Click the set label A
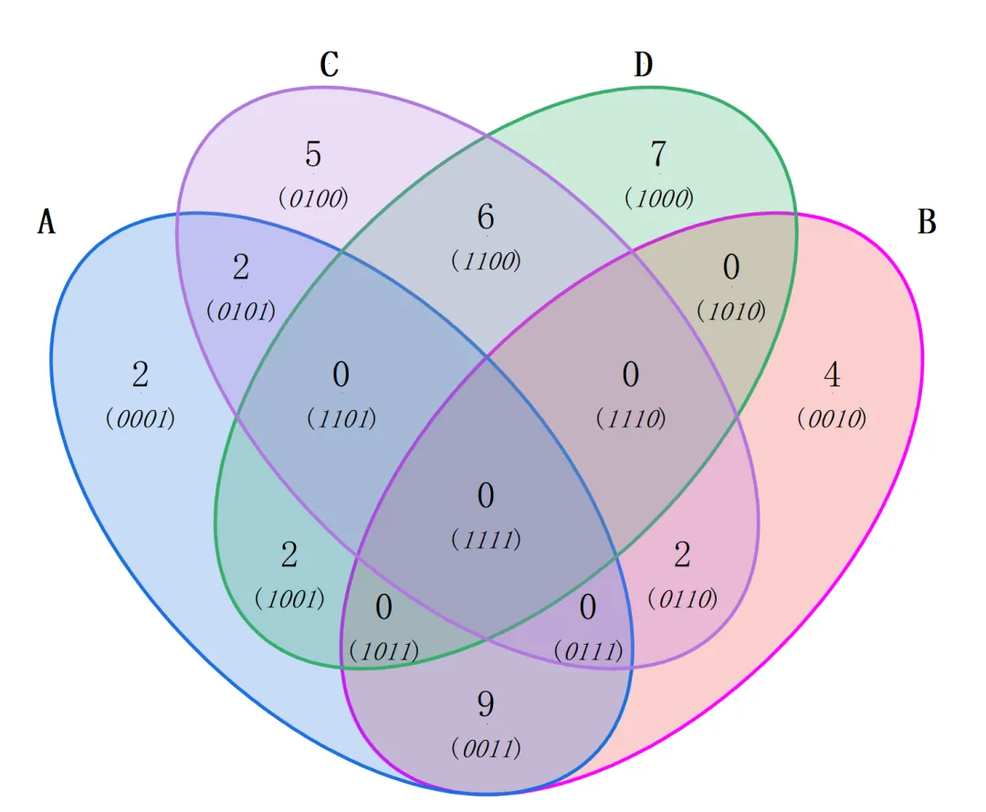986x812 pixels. click(x=46, y=222)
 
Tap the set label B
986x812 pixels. click(x=927, y=222)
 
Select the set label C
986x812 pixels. click(x=330, y=65)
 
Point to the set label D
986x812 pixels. click(x=643, y=65)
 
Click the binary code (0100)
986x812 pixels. click(x=313, y=197)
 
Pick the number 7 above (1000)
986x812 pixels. click(x=658, y=155)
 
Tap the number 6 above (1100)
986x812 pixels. click(x=486, y=218)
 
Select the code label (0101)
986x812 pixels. click(x=241, y=311)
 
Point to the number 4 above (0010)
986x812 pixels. click(x=831, y=375)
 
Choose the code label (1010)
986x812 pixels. click(x=730, y=311)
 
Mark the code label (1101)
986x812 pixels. click(x=341, y=418)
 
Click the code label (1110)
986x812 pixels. click(x=630, y=418)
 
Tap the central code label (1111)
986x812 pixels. click(x=486, y=539)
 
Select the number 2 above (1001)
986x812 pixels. click(x=289, y=555)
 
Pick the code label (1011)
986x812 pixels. click(x=383, y=652)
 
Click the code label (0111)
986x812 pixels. click(x=589, y=652)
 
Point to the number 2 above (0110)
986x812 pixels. click(x=682, y=555)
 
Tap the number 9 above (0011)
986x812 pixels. click(x=486, y=704)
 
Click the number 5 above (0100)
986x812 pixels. click(x=313, y=155)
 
